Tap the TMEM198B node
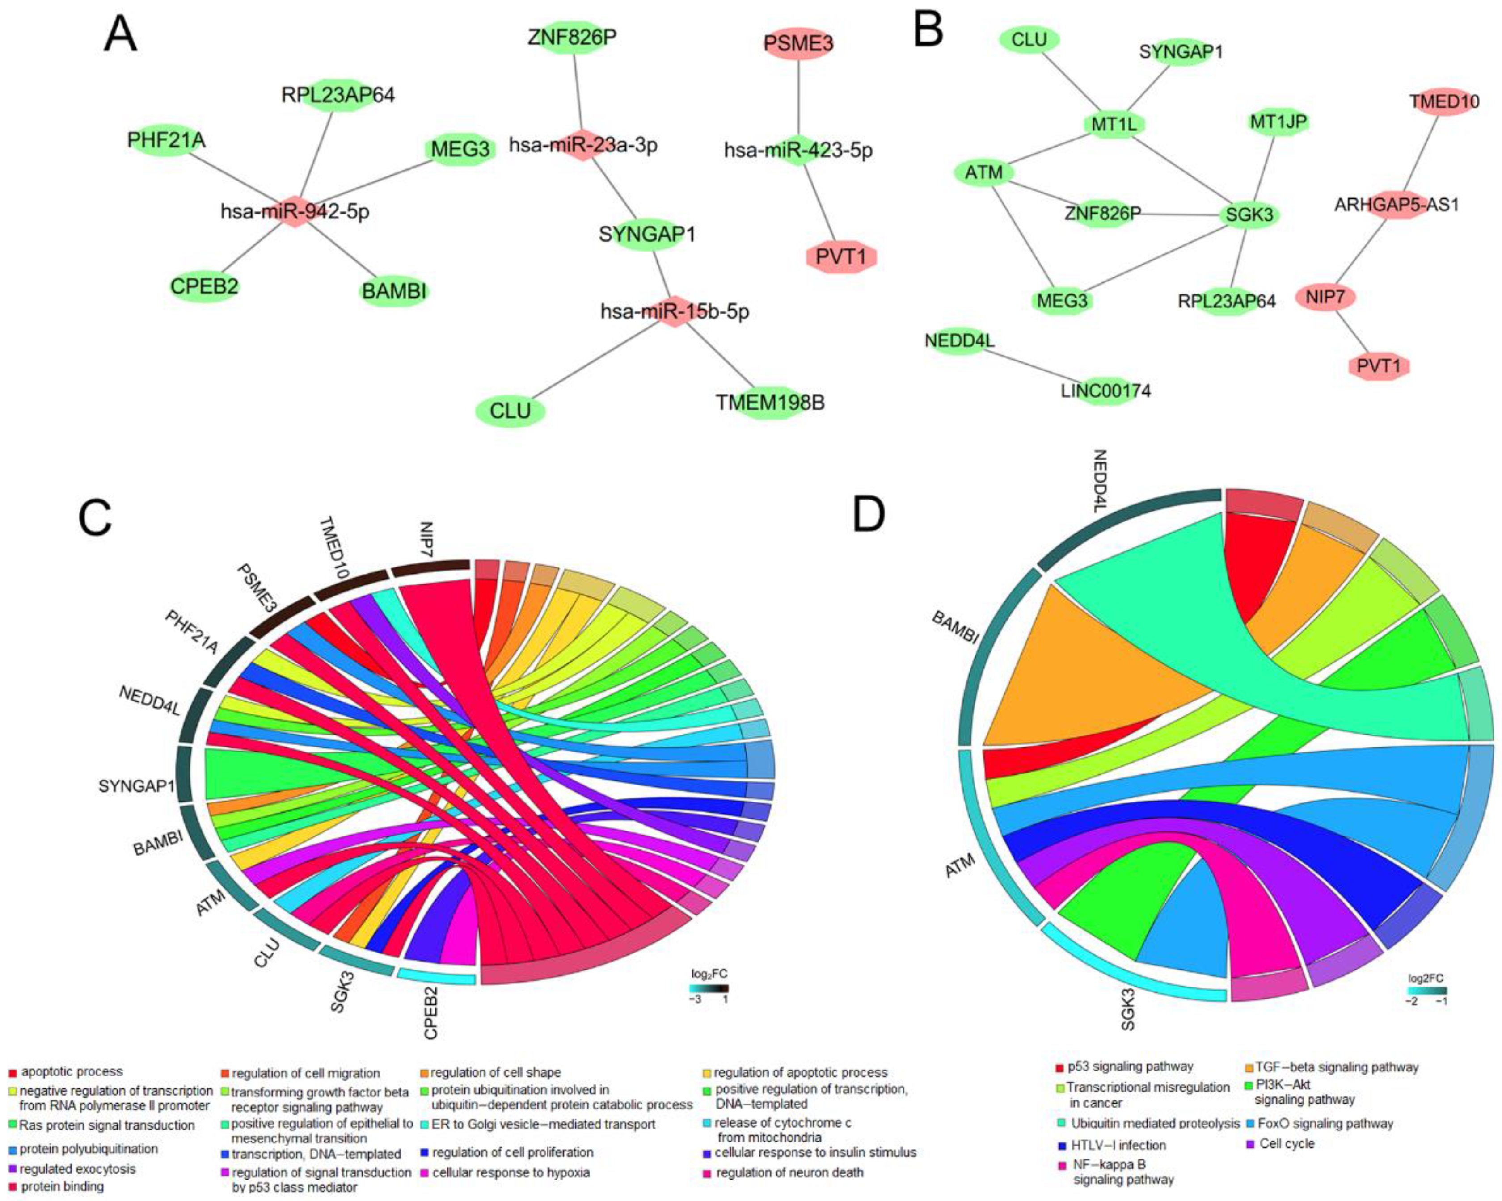pos(770,403)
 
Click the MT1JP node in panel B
pos(1277,122)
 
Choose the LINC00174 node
pos(1105,391)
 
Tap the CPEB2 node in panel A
pos(204,286)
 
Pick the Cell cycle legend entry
pos(1286,1143)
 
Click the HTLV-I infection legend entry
pos(1118,1145)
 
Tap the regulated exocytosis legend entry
pos(76,1169)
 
